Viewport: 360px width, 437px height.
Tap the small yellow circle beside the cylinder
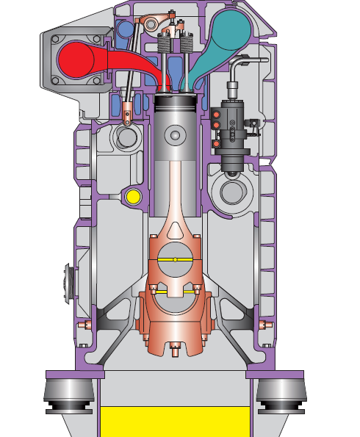[x=133, y=196]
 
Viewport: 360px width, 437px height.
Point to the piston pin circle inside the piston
[x=175, y=135]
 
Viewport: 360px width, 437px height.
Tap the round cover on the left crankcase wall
[x=71, y=283]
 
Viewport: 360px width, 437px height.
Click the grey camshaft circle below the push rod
[x=126, y=137]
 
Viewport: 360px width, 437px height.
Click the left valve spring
[x=165, y=55]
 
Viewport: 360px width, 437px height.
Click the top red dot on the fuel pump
[x=216, y=114]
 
